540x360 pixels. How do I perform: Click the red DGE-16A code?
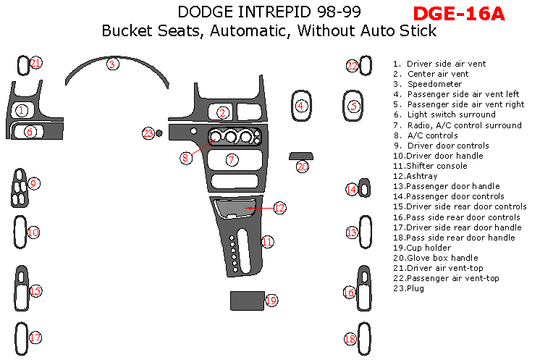458,13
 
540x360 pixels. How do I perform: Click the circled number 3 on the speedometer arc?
112,64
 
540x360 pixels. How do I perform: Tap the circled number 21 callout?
36,63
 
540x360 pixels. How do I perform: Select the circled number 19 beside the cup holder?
271,300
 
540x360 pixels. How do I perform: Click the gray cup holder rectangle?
246,300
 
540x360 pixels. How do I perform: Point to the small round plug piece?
159,133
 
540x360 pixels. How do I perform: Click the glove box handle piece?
300,156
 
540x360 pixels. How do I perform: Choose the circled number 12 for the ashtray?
279,207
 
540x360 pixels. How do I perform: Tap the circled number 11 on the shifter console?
267,242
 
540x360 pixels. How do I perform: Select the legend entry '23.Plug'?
408,288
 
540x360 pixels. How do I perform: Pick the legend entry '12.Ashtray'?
417,176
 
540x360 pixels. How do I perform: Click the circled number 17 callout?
35,337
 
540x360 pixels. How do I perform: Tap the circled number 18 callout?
350,339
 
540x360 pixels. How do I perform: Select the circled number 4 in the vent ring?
301,106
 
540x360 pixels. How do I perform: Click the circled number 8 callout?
185,156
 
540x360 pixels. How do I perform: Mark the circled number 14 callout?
351,190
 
